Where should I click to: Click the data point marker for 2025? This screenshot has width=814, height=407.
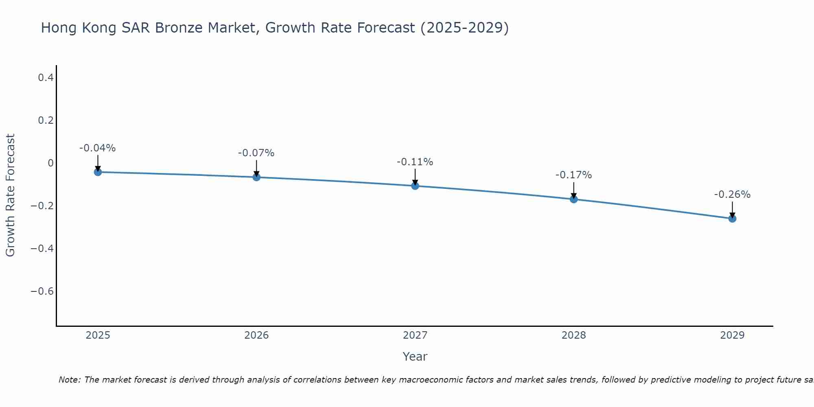click(98, 172)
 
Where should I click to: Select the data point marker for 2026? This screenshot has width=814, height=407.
click(256, 177)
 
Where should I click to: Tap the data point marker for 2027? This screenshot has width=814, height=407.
click(415, 186)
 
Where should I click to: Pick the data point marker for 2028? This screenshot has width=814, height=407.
click(574, 199)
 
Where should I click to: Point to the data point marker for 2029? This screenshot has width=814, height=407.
click(732, 219)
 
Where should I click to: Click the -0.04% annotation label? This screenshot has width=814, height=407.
click(98, 148)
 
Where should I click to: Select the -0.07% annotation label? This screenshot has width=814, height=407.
click(256, 153)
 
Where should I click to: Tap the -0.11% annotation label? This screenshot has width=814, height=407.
click(415, 162)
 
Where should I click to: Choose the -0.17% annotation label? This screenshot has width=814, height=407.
click(574, 175)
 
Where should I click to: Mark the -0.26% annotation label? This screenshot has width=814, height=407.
click(732, 195)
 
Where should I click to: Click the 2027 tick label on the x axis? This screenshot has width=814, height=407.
click(415, 335)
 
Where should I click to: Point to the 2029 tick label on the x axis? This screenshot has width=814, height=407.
click(732, 335)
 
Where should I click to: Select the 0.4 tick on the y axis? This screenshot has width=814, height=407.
click(46, 77)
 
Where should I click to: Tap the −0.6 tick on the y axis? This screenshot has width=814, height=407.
click(42, 291)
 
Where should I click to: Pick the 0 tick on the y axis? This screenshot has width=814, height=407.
click(50, 163)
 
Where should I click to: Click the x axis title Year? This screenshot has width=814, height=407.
click(415, 357)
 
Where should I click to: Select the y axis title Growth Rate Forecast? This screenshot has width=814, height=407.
click(11, 195)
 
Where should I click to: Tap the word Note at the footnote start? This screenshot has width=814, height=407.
click(70, 380)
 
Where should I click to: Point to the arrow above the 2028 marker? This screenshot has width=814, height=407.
click(574, 190)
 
